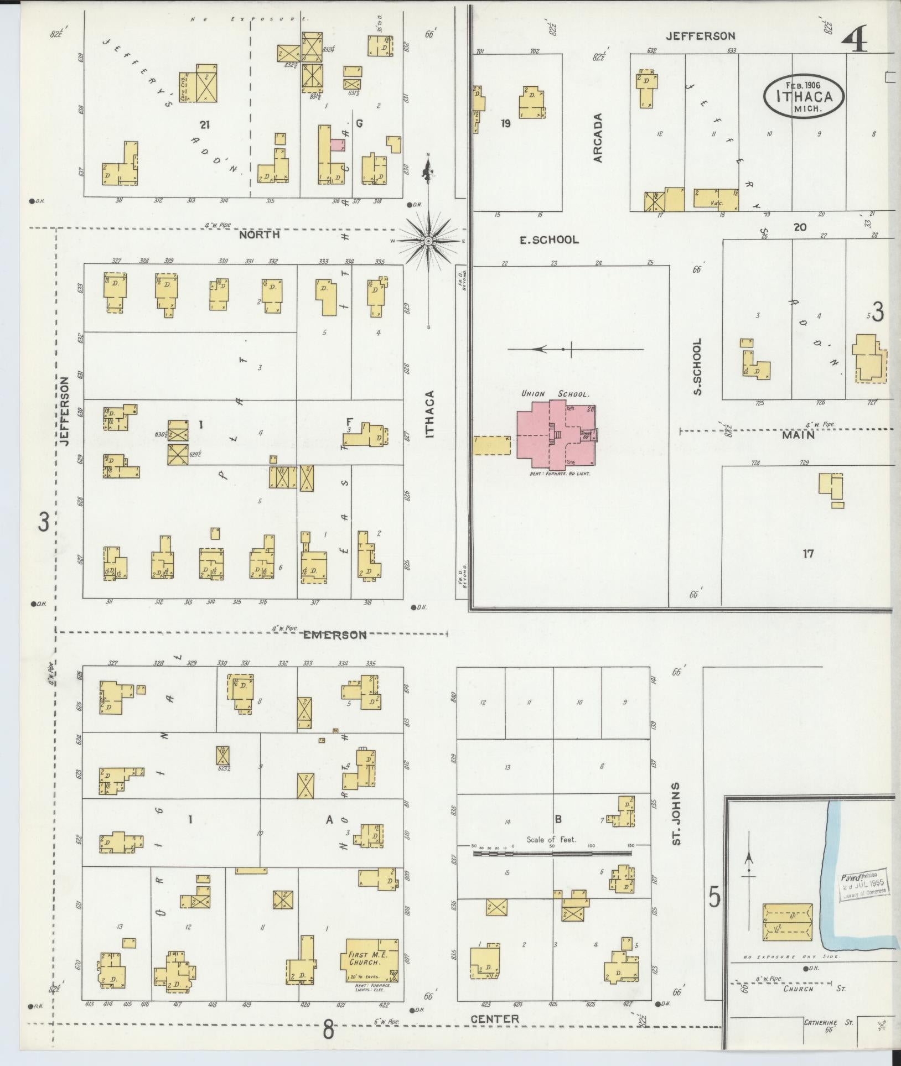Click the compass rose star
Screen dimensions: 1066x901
pyautogui.click(x=428, y=241)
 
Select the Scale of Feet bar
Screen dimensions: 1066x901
pyautogui.click(x=552, y=854)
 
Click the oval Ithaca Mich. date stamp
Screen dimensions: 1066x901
pyautogui.click(x=805, y=95)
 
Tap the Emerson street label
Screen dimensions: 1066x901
pyautogui.click(x=334, y=635)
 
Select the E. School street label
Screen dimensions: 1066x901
pyautogui.click(x=548, y=240)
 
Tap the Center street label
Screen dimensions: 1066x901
pyautogui.click(x=495, y=1018)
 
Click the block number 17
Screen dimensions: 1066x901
pyautogui.click(x=808, y=553)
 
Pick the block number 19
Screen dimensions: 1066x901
pyautogui.click(x=505, y=123)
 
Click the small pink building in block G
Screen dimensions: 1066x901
pyautogui.click(x=337, y=145)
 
